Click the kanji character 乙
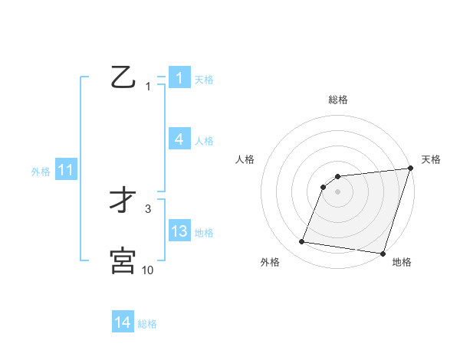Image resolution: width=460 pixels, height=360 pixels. pyautogui.click(x=123, y=77)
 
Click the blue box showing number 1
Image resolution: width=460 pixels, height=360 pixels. pyautogui.click(x=179, y=78)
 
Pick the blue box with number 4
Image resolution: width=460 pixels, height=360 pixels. pyautogui.click(x=179, y=139)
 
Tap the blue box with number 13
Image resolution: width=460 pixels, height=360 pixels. pyautogui.click(x=179, y=231)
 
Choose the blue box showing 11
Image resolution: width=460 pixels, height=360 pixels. pyautogui.click(x=65, y=171)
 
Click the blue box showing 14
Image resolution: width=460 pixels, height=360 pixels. pyautogui.click(x=123, y=322)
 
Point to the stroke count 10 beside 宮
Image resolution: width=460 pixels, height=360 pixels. pyautogui.click(x=148, y=270)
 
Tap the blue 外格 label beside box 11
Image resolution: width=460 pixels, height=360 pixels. pyautogui.click(x=41, y=172)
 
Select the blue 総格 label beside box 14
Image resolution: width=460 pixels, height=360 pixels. pyautogui.click(x=147, y=324)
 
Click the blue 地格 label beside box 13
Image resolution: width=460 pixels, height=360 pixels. pyautogui.click(x=204, y=233)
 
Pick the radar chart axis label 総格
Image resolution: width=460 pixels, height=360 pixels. pyautogui.click(x=338, y=100)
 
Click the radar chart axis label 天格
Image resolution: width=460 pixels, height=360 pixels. pyautogui.click(x=431, y=159)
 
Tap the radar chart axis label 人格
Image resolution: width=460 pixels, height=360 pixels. pyautogui.click(x=245, y=159)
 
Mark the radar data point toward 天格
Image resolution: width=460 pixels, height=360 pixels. pyautogui.click(x=410, y=169)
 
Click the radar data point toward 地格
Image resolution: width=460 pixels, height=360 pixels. pyautogui.click(x=382, y=253)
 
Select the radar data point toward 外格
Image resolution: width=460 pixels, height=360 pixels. pyautogui.click(x=302, y=242)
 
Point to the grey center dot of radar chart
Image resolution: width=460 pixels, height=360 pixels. pyautogui.click(x=338, y=191)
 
